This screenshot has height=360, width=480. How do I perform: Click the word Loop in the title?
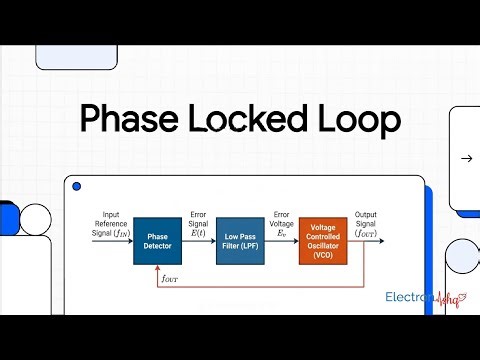(356, 121)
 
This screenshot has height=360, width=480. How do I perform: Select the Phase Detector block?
(157, 241)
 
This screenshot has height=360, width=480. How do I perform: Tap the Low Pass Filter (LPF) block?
(240, 241)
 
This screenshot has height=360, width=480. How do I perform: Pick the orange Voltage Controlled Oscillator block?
(322, 241)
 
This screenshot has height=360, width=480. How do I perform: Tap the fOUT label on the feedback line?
(173, 278)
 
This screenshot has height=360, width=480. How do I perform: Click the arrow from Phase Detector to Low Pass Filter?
(199, 241)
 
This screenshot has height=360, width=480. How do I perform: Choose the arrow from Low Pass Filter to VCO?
(281, 241)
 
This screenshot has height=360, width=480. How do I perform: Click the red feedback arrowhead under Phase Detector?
(157, 268)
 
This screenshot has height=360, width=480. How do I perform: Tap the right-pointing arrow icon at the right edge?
(466, 158)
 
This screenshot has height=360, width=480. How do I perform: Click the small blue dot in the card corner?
(77, 187)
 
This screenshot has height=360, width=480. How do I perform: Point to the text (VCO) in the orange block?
(322, 255)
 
